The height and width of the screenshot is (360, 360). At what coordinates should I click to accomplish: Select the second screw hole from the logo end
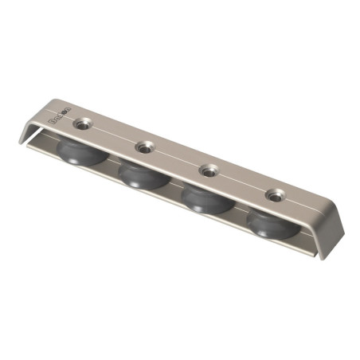[144, 147]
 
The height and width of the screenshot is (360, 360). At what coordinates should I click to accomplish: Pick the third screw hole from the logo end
[209, 170]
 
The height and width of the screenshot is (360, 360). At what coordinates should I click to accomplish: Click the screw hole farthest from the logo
[275, 194]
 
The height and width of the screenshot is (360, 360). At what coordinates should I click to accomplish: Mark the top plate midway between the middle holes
[177, 158]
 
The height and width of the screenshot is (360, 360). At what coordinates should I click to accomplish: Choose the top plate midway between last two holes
[242, 182]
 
